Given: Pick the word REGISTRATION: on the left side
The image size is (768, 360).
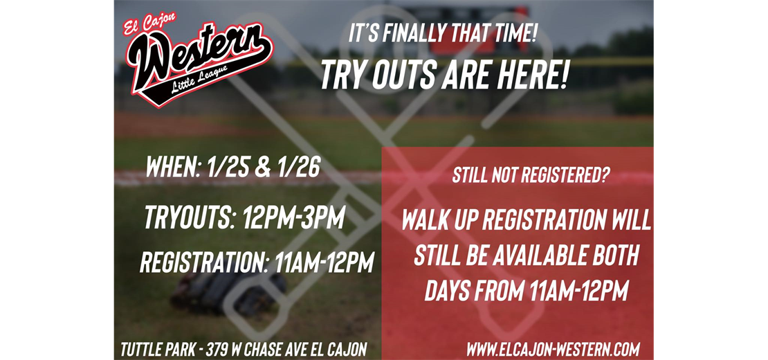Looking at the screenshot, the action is click(204, 262).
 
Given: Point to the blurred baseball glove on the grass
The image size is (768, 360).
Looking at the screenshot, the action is click(229, 293).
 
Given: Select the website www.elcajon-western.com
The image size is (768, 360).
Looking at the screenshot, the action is click(553, 349).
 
